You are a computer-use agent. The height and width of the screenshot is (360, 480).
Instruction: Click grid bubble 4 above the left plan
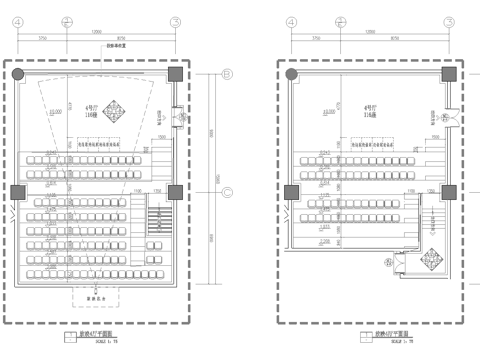click(x=18, y=21)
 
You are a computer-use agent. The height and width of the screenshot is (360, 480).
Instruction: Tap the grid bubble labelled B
click(x=226, y=74)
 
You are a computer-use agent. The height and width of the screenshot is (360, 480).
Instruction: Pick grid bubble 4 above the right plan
click(x=291, y=21)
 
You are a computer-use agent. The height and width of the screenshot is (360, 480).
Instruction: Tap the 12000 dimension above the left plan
click(x=96, y=30)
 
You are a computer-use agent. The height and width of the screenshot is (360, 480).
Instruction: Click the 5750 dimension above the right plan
click(x=316, y=39)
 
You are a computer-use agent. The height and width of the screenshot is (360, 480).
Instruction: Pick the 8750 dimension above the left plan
click(x=121, y=39)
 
